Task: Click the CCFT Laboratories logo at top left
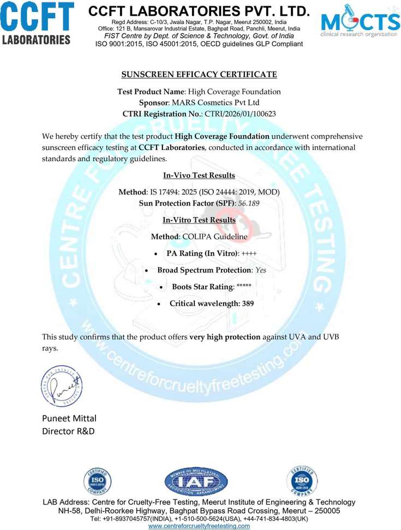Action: [x=37, y=23]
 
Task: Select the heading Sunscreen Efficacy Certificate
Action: [x=199, y=74]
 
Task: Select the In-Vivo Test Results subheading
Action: [x=199, y=175]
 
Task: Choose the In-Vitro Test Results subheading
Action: [x=199, y=220]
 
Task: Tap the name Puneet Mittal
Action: [x=69, y=419]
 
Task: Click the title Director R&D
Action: [x=68, y=431]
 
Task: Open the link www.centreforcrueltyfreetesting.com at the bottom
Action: [x=199, y=526]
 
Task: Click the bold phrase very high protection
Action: [x=225, y=336]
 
